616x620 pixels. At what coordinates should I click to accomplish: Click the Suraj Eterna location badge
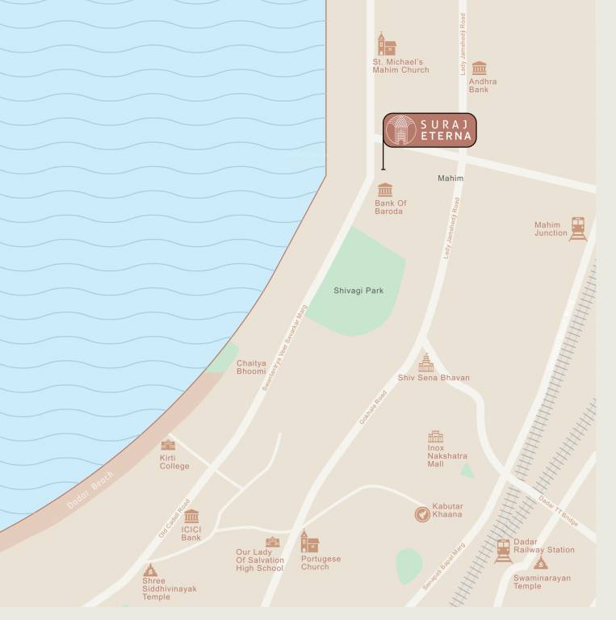[x=430, y=131]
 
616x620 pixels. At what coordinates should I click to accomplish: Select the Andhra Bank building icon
[x=480, y=68]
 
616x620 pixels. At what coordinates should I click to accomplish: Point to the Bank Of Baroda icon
[x=385, y=191]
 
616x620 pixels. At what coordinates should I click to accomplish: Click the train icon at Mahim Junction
[x=577, y=228]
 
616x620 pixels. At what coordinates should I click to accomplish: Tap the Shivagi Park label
[x=358, y=290]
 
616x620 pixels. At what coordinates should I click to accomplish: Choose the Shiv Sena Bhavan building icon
[x=425, y=362]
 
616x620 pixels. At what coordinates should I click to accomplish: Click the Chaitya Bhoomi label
[x=251, y=367]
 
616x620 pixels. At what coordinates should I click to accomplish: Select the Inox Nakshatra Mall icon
[x=435, y=438]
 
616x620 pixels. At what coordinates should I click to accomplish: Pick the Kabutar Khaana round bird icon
[x=421, y=513]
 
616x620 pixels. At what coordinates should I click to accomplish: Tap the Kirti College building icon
[x=168, y=445]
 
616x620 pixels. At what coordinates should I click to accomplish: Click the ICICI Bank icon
[x=191, y=517]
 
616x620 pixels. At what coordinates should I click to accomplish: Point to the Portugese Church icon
[x=308, y=542]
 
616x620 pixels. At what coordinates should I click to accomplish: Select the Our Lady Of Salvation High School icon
[x=272, y=542]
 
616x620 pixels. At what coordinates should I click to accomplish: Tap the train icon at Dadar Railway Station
[x=504, y=551]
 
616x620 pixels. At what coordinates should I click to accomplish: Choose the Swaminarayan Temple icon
[x=540, y=562]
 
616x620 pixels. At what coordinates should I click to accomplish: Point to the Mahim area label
[x=450, y=178]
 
